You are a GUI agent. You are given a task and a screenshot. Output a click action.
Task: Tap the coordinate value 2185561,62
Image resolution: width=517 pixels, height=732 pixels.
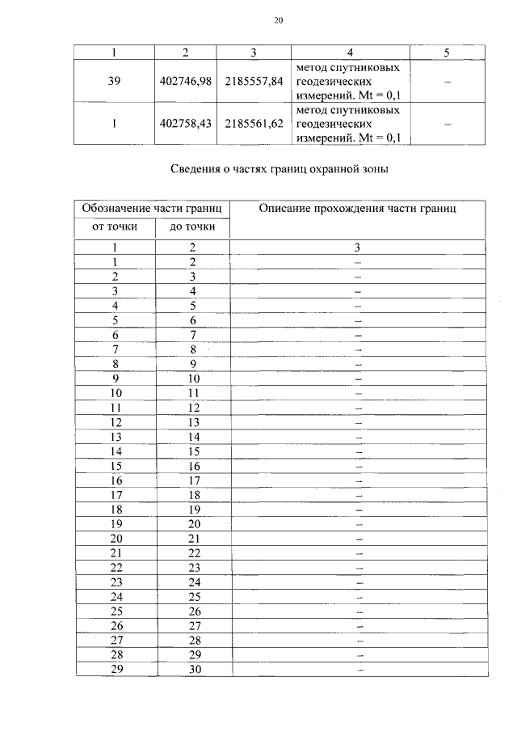254,124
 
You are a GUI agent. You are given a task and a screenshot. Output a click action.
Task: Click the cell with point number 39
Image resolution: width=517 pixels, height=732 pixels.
114,82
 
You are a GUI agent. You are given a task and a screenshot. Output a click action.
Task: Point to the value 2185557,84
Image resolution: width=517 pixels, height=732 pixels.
254,82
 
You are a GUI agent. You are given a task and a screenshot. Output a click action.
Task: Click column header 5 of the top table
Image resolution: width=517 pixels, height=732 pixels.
447,53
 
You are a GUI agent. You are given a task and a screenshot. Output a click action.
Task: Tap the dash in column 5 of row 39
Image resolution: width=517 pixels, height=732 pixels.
447,82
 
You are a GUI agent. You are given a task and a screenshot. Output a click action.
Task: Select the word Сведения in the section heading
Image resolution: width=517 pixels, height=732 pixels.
194,170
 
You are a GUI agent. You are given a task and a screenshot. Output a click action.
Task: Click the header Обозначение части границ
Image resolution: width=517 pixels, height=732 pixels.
153,209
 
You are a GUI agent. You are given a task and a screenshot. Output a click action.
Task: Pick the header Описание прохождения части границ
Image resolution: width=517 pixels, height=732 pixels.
358,209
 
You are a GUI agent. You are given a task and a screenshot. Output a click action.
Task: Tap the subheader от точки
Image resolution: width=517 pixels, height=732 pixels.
115,226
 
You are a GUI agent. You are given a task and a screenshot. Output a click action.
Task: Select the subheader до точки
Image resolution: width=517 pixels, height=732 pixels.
192,226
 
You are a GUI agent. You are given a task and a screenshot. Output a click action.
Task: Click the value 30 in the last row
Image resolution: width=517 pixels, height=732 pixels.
193,669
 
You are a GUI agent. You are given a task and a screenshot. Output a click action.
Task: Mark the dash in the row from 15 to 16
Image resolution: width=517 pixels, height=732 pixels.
358,466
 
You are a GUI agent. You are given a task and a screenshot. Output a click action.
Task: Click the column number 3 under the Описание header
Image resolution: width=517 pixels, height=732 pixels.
358,248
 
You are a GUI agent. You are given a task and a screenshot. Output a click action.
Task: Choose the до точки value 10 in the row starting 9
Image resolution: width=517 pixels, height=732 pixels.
193,379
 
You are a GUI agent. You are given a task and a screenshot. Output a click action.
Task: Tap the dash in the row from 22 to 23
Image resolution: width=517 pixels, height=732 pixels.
358,568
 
